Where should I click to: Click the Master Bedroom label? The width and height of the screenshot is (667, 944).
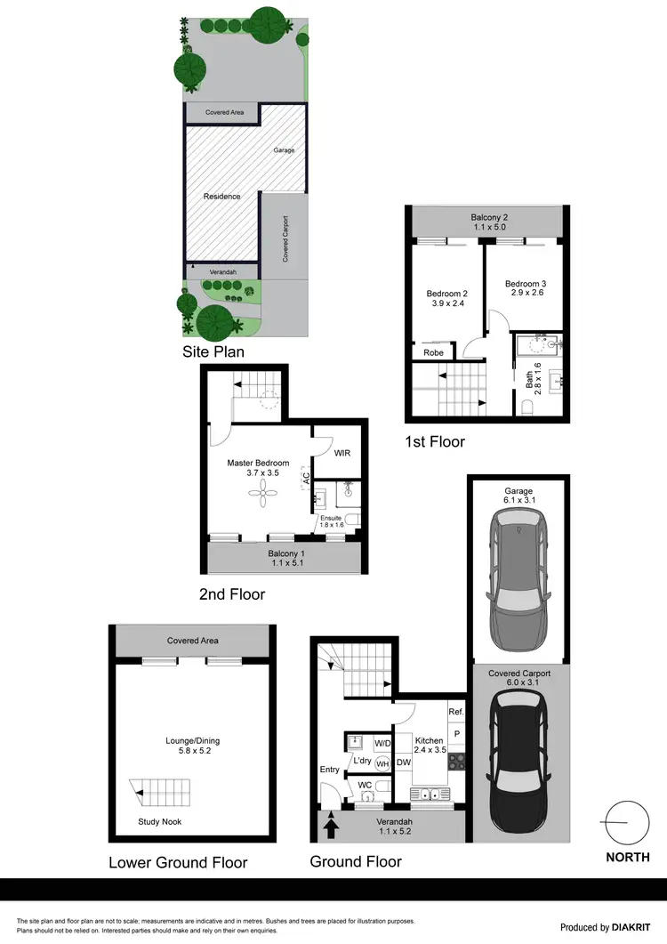click(258, 463)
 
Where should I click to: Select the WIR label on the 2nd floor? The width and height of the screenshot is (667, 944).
click(342, 453)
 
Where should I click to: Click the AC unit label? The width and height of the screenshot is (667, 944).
click(306, 477)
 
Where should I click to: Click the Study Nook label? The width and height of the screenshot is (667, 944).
click(160, 821)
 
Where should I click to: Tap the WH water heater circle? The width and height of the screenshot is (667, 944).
click(383, 762)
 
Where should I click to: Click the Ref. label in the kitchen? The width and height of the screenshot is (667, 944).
click(455, 712)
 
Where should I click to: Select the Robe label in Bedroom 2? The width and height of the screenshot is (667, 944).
click(433, 352)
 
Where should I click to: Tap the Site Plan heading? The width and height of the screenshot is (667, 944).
click(213, 351)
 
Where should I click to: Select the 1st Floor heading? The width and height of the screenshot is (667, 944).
click(434, 441)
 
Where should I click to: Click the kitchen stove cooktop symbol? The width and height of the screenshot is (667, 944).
click(456, 762)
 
